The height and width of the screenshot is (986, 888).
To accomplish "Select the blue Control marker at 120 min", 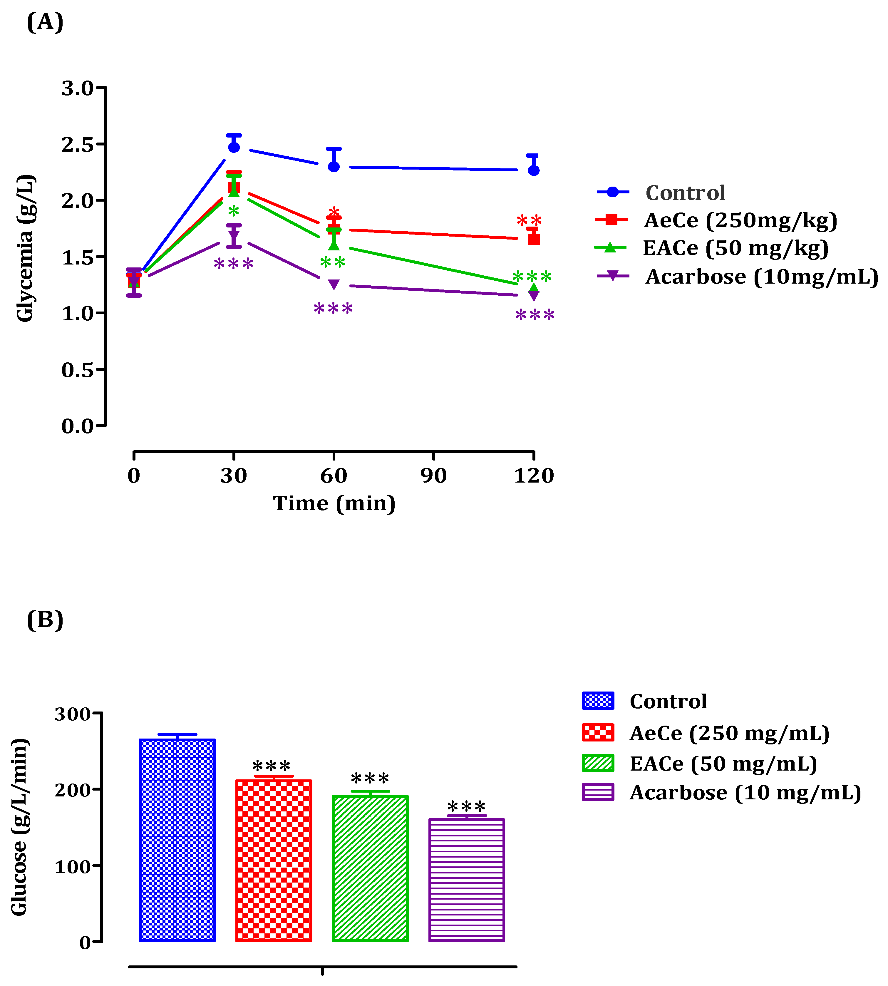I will point(534,170).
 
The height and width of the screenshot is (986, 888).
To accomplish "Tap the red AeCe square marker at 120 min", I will point(534,239).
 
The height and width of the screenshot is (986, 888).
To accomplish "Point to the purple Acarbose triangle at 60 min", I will point(334,284).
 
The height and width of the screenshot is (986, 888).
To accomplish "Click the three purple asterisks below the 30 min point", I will point(234,265).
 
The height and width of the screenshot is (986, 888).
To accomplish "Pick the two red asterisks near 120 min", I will point(530,220).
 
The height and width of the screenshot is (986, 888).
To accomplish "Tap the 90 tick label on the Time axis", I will point(433,476).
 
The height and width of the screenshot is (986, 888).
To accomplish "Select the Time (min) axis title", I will point(334,503).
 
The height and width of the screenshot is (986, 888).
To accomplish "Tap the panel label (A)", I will point(45,22).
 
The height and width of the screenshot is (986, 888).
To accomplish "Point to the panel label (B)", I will point(45,620).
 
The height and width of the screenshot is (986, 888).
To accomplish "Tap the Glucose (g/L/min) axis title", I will point(19,827).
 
